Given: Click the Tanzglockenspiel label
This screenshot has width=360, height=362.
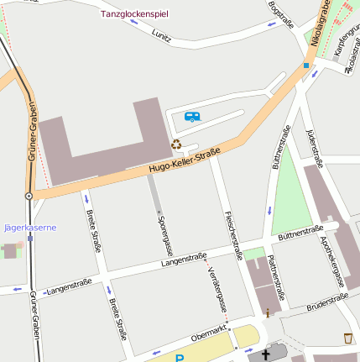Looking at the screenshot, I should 133,14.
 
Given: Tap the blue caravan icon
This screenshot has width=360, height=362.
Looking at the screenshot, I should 192,118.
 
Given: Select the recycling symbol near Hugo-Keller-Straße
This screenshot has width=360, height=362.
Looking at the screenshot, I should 176,144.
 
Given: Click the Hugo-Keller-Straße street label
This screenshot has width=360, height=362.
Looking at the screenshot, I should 185,162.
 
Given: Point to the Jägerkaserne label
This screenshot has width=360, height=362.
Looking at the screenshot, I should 30,228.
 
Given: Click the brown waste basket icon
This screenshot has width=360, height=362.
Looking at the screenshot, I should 348,338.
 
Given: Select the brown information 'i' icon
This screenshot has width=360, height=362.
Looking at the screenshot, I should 268,312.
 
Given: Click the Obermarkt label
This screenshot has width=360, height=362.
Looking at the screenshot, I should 209,332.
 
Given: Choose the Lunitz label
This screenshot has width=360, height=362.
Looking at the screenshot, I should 161,36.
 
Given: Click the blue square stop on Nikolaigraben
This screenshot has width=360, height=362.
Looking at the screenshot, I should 306,66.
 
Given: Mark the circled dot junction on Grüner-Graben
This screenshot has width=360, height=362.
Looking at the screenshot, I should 29,196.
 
